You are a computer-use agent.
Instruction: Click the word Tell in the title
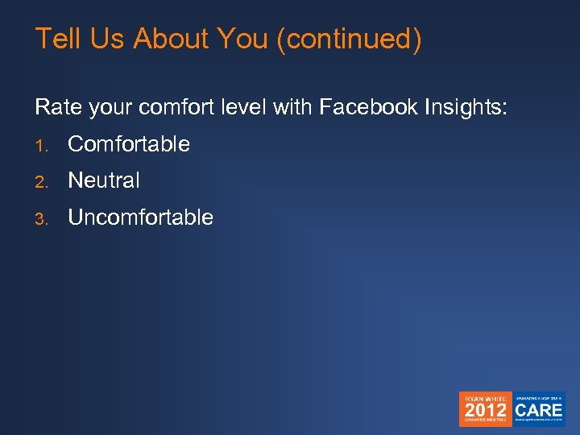pyautogui.click(x=56, y=39)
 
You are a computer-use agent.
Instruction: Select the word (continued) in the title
pyautogui.click(x=348, y=39)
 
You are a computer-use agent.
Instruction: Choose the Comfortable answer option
pyautogui.click(x=129, y=144)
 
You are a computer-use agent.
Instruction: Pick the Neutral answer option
pyautogui.click(x=104, y=180)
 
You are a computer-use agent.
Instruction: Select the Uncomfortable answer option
pyautogui.click(x=140, y=217)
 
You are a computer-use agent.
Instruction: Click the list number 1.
pyautogui.click(x=41, y=145)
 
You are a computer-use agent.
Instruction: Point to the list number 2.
pyautogui.click(x=41, y=181)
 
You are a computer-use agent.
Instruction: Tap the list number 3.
pyautogui.click(x=41, y=217)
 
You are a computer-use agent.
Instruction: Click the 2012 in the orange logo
pyautogui.click(x=485, y=410)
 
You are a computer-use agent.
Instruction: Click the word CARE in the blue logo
pyautogui.click(x=539, y=409)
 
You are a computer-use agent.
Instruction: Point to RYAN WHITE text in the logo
pyautogui.click(x=485, y=398)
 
